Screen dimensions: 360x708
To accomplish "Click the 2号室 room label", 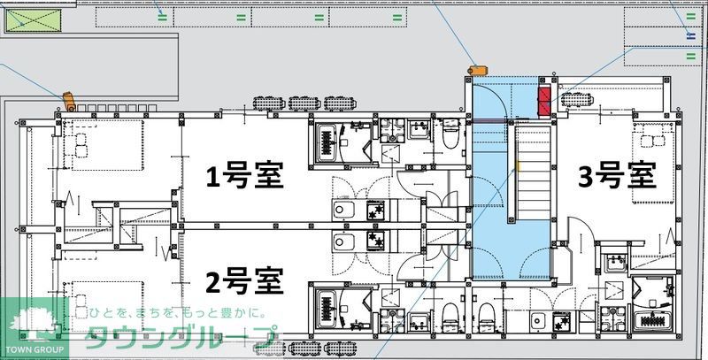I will click(x=244, y=282).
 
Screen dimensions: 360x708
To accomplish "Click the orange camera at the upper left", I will click(x=66, y=97).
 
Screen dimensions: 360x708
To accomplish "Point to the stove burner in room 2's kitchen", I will click(x=375, y=241).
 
